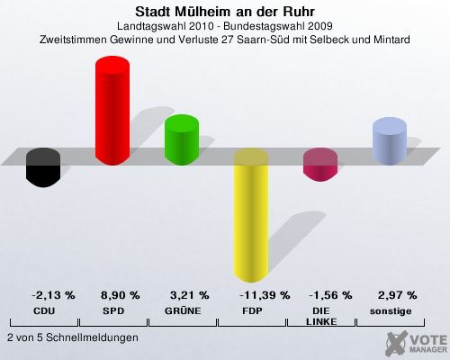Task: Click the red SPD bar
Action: pos(112,111)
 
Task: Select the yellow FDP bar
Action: pos(251,215)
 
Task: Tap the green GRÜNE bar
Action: pos(182,139)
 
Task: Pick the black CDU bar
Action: pos(43,167)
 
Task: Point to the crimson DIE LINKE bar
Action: pos(320,165)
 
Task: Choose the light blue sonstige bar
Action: pos(390,141)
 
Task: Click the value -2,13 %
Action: pos(53,295)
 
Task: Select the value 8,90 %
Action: pos(120,295)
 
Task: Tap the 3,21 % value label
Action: pos(189,295)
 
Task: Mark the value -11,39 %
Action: pos(265,295)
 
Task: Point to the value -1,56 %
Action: pos(330,295)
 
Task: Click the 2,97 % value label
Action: pos(397,295)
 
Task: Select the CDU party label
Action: pos(44,311)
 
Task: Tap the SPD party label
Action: pos(113,311)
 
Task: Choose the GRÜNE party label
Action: pos(183,310)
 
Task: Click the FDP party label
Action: pos(252,311)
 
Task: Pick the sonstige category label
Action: pos(391,311)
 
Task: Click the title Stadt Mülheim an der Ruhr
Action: pos(225,12)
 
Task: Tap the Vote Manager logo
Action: pos(417,344)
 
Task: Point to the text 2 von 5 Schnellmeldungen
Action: pos(73,337)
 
